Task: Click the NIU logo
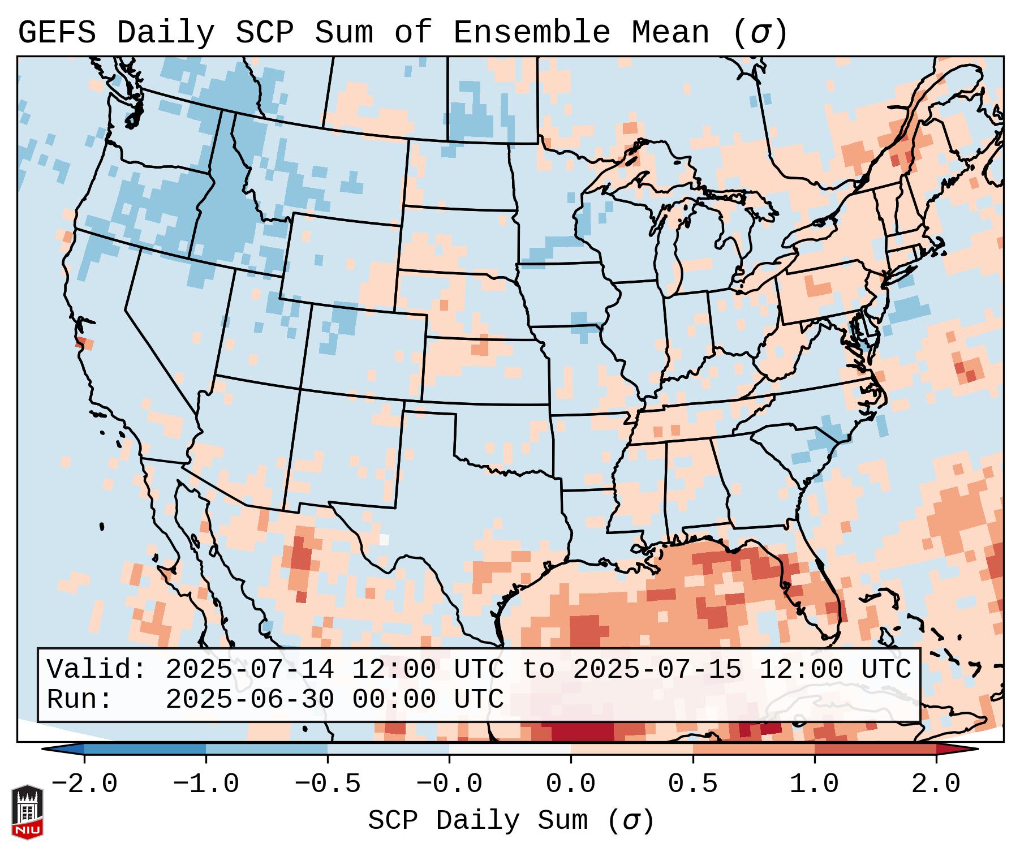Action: pos(27,811)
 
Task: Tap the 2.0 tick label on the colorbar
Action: pos(936,784)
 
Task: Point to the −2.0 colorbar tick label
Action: pos(84,784)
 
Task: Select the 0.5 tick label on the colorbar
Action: pos(692,784)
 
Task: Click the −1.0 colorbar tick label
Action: pos(206,784)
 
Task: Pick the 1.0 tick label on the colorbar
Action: pos(814,784)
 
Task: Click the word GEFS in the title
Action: pos(57,33)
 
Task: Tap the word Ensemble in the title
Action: pos(531,33)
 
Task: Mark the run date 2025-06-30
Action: pos(249,699)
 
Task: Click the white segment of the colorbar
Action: pos(510,749)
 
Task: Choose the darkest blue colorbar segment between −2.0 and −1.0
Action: pos(145,749)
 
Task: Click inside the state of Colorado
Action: pos(362,351)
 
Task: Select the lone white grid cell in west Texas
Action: pos(384,539)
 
